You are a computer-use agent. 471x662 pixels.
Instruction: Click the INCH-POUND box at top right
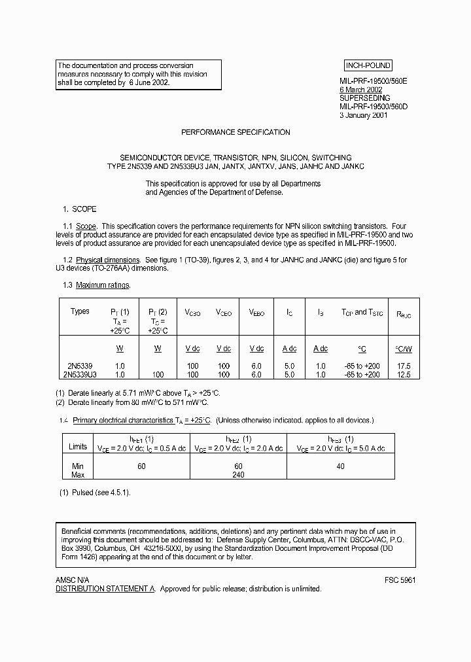(368, 65)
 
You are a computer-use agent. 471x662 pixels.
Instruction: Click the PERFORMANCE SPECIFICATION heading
(235, 132)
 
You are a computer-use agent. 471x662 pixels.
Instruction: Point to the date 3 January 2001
(364, 115)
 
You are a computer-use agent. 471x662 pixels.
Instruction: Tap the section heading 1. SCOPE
(79, 209)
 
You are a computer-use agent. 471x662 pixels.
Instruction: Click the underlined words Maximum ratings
(103, 285)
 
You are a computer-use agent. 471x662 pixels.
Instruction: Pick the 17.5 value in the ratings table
(404, 366)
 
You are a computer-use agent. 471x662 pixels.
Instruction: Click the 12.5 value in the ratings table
(404, 375)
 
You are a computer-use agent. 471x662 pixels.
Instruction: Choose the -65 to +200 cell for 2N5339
(361, 366)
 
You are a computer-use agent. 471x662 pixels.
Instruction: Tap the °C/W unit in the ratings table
(404, 349)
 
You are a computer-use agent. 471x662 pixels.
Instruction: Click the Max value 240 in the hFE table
(238, 475)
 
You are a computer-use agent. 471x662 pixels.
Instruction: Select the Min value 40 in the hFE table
(341, 466)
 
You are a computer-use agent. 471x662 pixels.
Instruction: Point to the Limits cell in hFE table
(78, 447)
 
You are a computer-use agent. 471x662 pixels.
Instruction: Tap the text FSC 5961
(400, 580)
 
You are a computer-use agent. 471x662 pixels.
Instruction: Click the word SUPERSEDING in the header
(364, 98)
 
